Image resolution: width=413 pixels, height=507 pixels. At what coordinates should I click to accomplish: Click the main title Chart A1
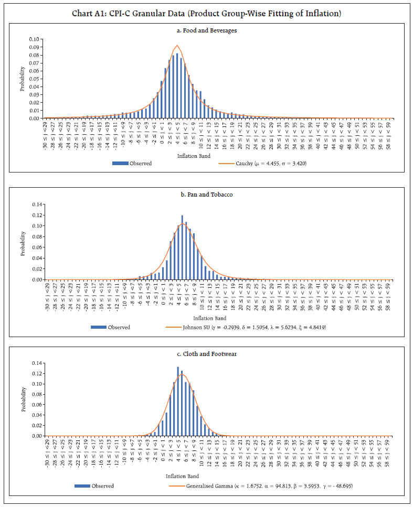point(206,13)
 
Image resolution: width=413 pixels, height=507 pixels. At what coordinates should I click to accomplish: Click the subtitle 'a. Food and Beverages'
point(206,30)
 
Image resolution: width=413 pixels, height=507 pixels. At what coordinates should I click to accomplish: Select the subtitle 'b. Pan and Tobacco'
point(206,194)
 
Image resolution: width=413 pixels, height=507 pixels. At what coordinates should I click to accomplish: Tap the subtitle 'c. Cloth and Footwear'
point(206,354)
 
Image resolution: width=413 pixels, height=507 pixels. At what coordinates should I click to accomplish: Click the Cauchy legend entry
point(262,163)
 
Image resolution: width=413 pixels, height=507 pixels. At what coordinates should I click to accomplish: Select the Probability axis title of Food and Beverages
point(23,79)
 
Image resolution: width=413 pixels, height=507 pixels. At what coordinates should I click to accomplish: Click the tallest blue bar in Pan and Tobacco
point(182,247)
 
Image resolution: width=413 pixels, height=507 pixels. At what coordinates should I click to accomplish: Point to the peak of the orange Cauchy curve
point(177,46)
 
